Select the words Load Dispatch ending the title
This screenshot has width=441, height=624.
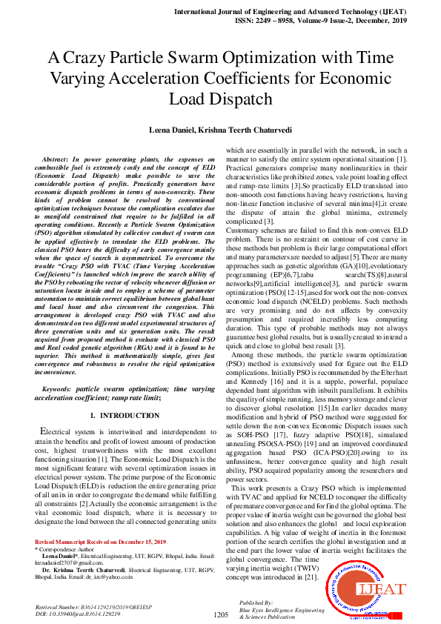tap(220, 99)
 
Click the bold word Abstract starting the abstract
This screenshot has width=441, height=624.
tap(53, 160)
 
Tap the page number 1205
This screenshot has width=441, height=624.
tap(220, 614)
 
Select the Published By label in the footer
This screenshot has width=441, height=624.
tap(255, 603)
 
